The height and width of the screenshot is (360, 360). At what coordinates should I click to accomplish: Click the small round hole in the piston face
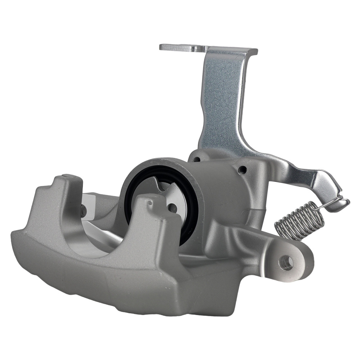(172, 208)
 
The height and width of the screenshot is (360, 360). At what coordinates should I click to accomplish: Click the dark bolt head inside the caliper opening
(83, 211)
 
